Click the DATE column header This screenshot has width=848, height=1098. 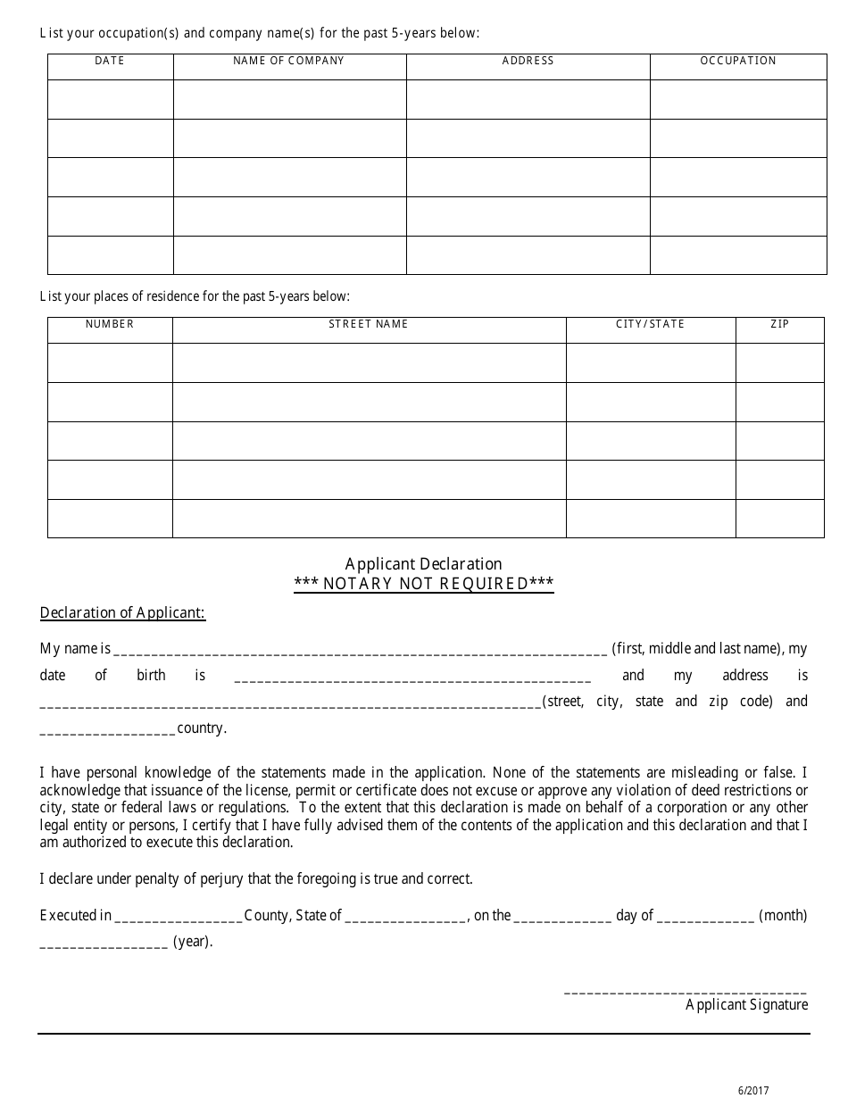(110, 61)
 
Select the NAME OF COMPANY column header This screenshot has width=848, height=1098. (288, 61)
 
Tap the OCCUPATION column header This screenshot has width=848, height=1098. (738, 61)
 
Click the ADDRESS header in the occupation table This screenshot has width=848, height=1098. (528, 61)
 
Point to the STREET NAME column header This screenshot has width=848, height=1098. (368, 324)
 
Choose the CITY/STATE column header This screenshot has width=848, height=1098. (650, 324)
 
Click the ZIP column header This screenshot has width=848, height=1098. (779, 324)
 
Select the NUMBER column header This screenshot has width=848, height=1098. (110, 324)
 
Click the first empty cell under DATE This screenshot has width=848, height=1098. (110, 99)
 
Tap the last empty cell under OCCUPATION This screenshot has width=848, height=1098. (738, 254)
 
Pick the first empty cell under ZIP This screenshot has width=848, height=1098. (779, 362)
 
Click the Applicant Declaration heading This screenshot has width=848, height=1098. (423, 563)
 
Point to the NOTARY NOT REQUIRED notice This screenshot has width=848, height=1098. (424, 585)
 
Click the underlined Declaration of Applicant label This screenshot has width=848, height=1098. (122, 612)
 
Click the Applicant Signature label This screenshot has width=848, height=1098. (746, 1004)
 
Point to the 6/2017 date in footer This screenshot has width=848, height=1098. (752, 1090)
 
